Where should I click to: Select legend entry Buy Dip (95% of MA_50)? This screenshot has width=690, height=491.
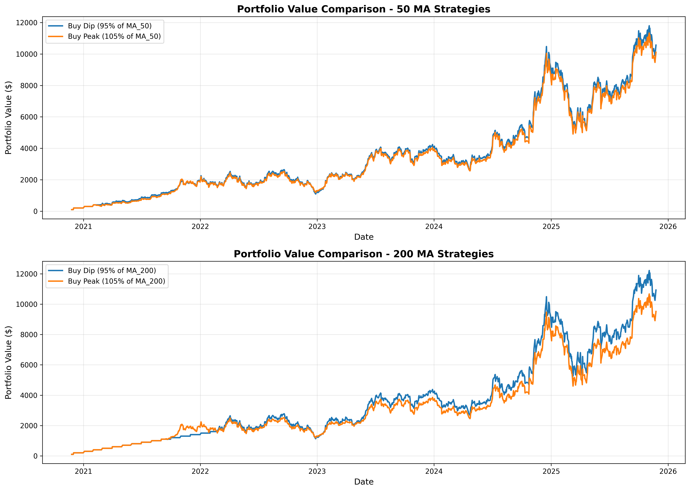[x=110, y=26]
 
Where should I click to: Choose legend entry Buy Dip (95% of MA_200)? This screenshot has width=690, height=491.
[x=112, y=271]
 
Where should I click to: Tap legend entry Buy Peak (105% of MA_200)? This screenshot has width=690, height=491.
[x=116, y=281]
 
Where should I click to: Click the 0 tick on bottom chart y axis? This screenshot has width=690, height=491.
[x=36, y=456]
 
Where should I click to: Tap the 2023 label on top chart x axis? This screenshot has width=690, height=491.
[x=317, y=227]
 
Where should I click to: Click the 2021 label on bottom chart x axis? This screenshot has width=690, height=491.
[x=84, y=471]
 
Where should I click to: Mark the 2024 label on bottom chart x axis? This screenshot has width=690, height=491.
[x=434, y=471]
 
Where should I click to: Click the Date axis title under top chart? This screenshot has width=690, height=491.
[x=364, y=237]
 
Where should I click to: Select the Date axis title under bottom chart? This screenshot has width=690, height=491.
[x=364, y=482]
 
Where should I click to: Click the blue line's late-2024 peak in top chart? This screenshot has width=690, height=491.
[x=546, y=47]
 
